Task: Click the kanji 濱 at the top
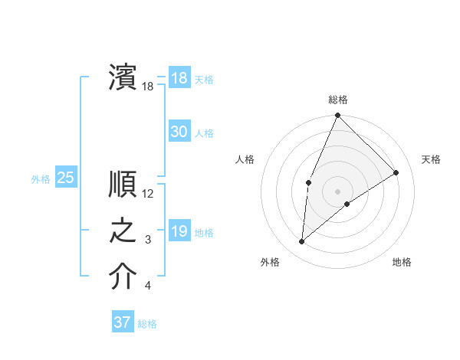pos(123,77)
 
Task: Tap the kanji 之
pos(123,231)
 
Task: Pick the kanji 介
pos(123,277)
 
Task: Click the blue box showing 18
pos(179,78)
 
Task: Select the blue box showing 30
pos(179,132)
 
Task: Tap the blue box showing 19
pos(179,231)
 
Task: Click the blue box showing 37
pos(123,322)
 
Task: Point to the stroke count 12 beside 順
pos(148,194)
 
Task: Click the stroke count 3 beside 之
pos(148,241)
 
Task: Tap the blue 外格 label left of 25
pos(41,179)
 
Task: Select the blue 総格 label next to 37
pos(147,323)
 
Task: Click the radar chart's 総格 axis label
pos(338,100)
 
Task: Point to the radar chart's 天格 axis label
pos(431,159)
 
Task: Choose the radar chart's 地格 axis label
pos(402,262)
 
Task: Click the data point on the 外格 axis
pos(302,242)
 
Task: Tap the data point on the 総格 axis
pos(337,116)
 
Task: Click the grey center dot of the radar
pos(337,191)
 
